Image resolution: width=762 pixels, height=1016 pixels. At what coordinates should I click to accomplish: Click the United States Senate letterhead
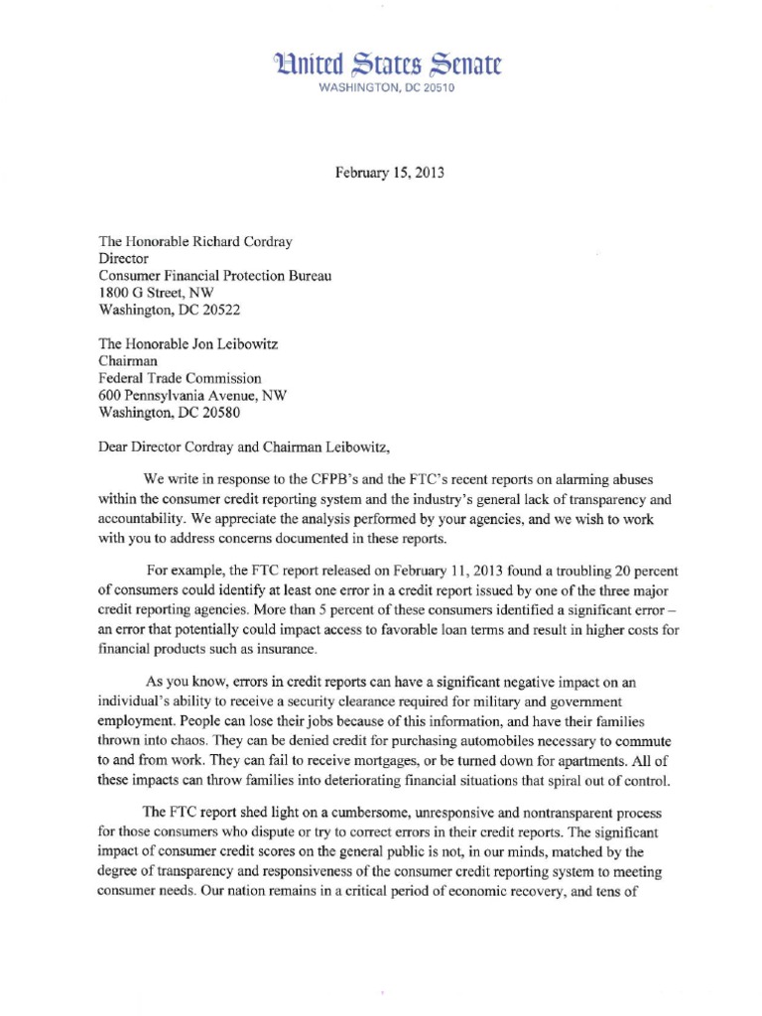coord(381,65)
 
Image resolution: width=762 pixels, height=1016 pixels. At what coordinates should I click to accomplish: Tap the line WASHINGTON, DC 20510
coord(381,88)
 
